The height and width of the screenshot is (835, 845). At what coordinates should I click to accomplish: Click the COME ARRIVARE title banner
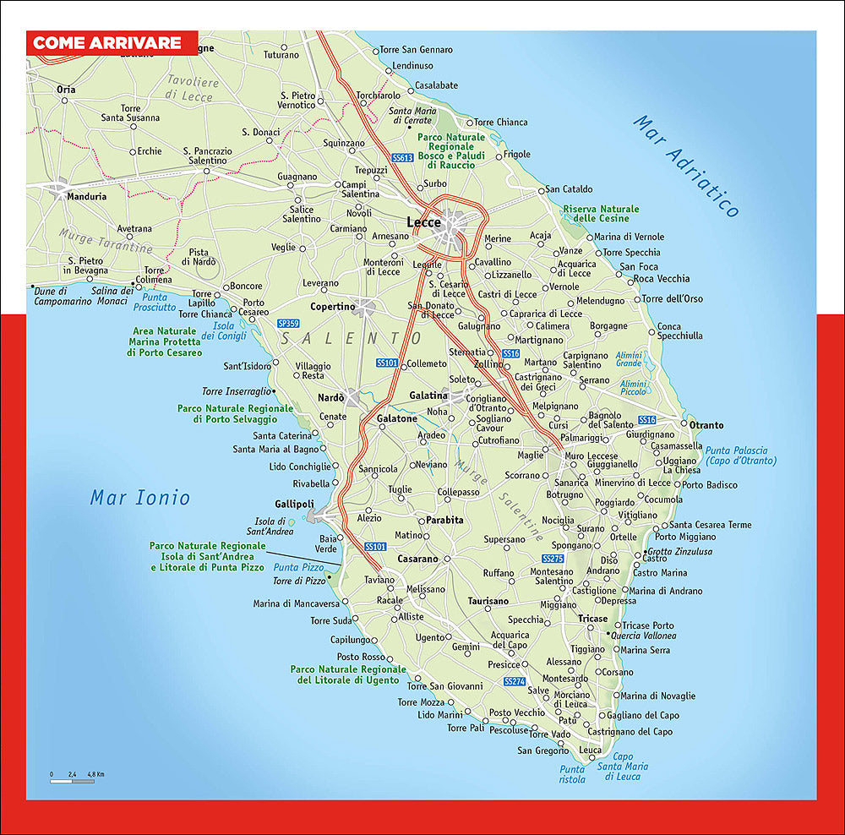pyautogui.click(x=107, y=43)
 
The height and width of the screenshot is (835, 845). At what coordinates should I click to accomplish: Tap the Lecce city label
pyautogui.click(x=423, y=222)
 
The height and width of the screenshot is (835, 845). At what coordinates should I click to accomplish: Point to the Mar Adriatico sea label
pyautogui.click(x=686, y=166)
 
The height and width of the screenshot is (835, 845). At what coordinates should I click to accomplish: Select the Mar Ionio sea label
pyautogui.click(x=140, y=498)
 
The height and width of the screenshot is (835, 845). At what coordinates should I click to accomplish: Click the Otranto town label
pyautogui.click(x=706, y=424)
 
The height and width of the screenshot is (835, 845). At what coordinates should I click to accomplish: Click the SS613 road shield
pyautogui.click(x=402, y=157)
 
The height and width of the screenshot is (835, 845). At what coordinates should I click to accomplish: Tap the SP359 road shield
pyautogui.click(x=288, y=324)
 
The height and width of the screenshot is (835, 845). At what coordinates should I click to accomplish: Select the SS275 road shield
pyautogui.click(x=552, y=559)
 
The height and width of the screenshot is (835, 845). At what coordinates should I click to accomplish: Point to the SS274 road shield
pyautogui.click(x=514, y=681)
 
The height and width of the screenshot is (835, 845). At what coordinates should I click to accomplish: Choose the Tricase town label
pyautogui.click(x=592, y=619)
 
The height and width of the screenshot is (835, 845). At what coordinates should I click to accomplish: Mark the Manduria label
pyautogui.click(x=88, y=196)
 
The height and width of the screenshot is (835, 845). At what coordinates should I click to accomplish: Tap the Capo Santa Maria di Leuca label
pyautogui.click(x=623, y=767)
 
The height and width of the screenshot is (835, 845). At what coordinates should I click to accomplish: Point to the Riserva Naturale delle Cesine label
pyautogui.click(x=601, y=214)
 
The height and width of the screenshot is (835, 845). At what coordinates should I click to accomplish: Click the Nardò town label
pyautogui.click(x=330, y=398)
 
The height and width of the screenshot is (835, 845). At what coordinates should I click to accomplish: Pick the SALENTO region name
pyautogui.click(x=339, y=338)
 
